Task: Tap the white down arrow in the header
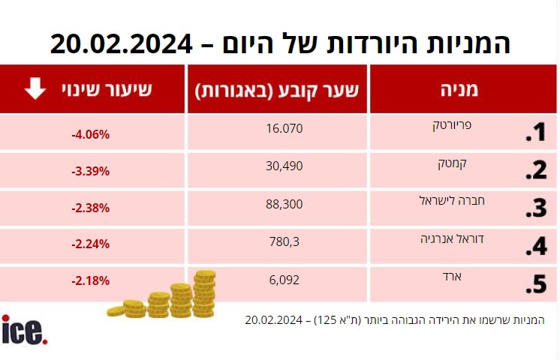point(35,89)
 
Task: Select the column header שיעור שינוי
point(107,89)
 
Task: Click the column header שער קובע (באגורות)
point(278,90)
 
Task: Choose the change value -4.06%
point(90,135)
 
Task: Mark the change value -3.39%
point(90,171)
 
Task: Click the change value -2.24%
point(90,244)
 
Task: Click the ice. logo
point(25,331)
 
